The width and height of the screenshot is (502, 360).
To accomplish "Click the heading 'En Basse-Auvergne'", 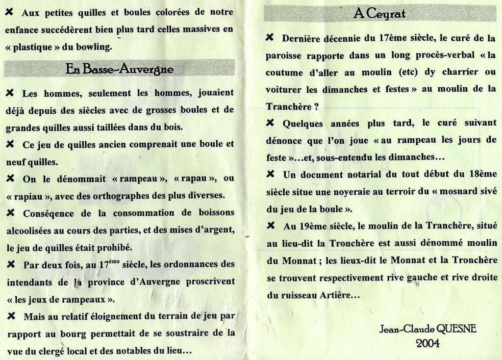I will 119,69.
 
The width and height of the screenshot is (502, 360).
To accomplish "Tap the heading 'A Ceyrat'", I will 379,14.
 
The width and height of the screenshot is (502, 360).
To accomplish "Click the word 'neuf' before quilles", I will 15,162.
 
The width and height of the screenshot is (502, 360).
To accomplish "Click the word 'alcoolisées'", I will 31,230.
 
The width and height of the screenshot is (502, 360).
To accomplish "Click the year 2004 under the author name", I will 427,343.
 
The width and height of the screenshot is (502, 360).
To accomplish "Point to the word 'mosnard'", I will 460,191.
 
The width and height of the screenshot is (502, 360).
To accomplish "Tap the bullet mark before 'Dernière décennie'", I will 270,37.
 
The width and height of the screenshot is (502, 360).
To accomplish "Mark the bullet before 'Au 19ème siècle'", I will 270,226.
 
